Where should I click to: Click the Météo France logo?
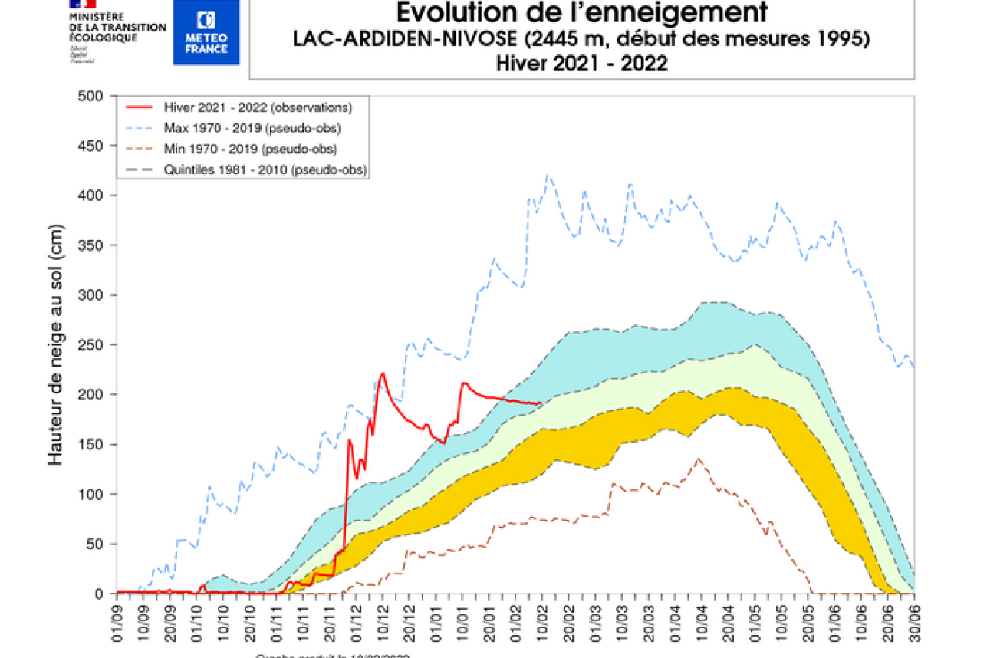tap(206, 32)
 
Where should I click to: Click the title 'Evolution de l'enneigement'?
tap(581, 13)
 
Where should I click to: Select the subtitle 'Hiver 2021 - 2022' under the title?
tap(581, 63)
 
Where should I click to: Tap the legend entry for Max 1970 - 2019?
tap(252, 127)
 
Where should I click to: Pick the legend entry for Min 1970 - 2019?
tap(251, 148)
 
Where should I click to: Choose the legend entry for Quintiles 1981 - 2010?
tap(265, 169)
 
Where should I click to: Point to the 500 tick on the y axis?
tap(92, 96)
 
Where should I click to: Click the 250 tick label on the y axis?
tap(92, 345)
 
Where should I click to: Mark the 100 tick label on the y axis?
tap(92, 495)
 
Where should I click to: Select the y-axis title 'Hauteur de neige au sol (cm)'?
tap(55, 345)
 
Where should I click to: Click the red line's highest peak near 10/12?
tap(382, 373)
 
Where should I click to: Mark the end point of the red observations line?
tap(541, 403)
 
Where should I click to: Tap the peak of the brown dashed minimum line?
tap(698, 459)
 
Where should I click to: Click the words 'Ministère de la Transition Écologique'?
tap(117, 27)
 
